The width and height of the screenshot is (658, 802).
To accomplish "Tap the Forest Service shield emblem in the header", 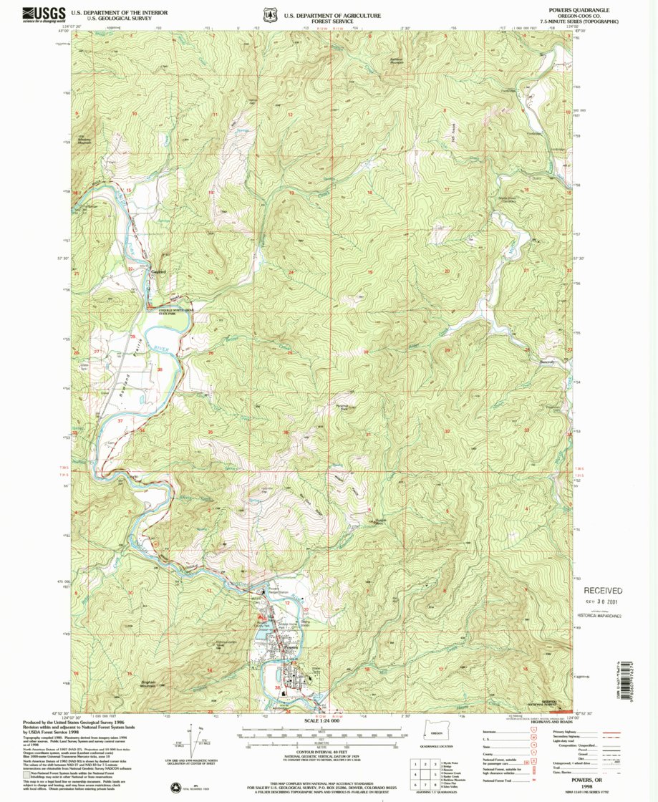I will [270, 14].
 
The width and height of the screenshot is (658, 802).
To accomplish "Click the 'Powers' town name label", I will [289, 647].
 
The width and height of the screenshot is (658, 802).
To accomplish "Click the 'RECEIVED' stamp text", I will [603, 591].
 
